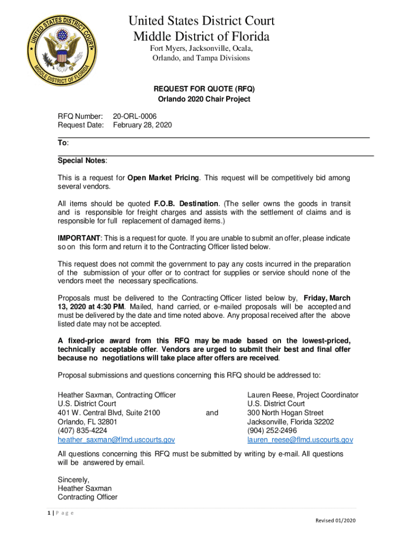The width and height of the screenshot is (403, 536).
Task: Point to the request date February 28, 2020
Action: [x=142, y=125]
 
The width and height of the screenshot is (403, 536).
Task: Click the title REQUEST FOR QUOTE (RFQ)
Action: [x=204, y=88]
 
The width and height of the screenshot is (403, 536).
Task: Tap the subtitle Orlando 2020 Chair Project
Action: [x=204, y=99]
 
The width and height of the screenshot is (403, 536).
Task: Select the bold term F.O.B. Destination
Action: [x=186, y=204]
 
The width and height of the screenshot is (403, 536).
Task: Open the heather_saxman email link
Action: [x=116, y=440]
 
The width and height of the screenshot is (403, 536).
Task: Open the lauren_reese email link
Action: [x=300, y=440]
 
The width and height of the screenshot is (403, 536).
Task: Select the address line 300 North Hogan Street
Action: [x=285, y=413]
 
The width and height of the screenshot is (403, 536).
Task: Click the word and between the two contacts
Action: [x=212, y=413]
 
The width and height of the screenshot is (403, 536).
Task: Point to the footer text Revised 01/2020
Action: [x=335, y=520]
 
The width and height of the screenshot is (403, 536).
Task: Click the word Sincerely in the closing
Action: [x=74, y=479]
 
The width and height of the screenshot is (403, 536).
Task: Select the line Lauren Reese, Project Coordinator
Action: [x=303, y=395]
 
